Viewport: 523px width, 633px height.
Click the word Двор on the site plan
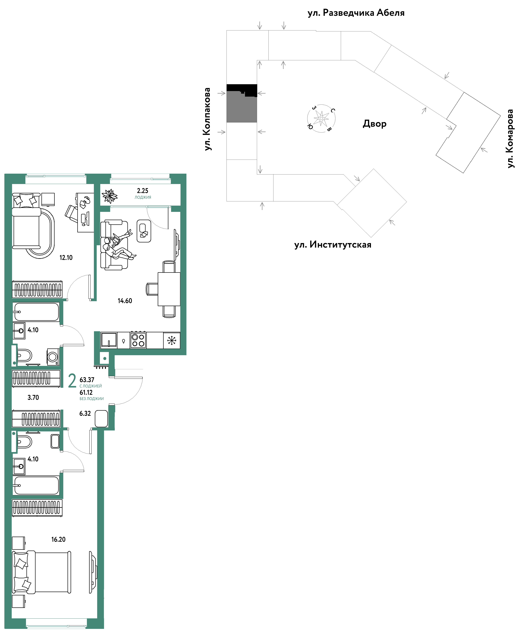(374, 124)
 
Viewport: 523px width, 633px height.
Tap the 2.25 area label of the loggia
(142, 191)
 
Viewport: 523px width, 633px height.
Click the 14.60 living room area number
(125, 301)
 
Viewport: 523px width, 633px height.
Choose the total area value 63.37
(87, 380)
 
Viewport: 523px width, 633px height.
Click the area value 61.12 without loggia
(86, 392)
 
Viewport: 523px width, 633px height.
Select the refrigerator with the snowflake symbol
(171, 340)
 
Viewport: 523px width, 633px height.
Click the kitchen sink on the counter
(109, 340)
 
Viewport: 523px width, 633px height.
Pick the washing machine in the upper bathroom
(53, 357)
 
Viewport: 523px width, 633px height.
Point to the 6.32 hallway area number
(85, 414)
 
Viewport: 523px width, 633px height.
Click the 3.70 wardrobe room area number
(33, 398)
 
